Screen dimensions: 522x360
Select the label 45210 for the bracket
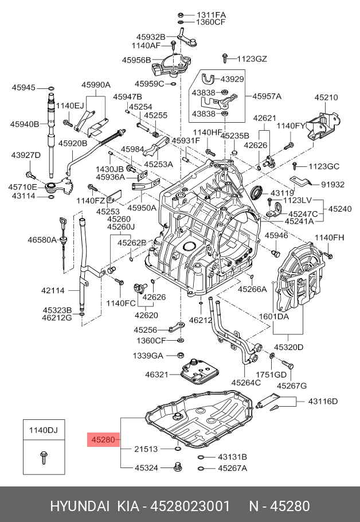point(327,98)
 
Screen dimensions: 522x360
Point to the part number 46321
point(158,374)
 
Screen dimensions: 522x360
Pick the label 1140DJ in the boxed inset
point(44,429)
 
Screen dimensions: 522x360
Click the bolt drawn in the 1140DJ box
point(44,456)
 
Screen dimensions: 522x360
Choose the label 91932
point(332,185)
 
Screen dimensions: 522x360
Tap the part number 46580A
point(42,239)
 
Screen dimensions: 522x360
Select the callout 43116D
point(323,400)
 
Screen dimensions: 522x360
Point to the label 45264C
point(246,382)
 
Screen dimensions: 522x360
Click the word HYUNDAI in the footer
point(80,506)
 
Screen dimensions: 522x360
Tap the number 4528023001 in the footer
point(190,506)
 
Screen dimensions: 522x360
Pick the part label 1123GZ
point(252,58)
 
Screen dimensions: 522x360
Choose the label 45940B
point(24,124)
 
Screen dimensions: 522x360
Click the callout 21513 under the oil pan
point(146,449)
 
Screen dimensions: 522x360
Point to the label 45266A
point(253,289)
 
